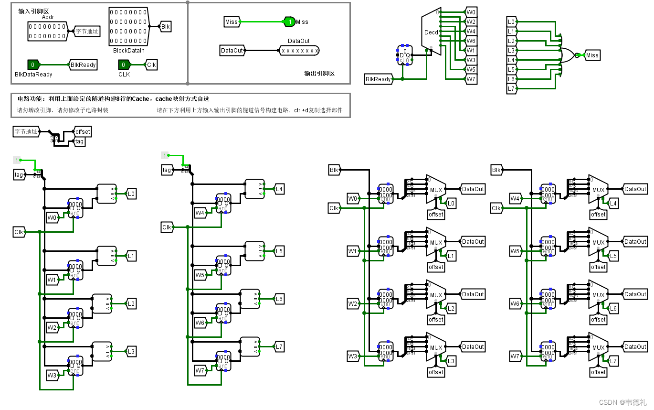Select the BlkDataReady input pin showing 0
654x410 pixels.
(x=33, y=65)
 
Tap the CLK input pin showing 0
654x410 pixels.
(x=124, y=65)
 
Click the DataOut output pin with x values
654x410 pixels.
(x=299, y=50)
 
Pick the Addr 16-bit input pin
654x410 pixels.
(x=47, y=32)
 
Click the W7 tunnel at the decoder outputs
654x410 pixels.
(x=471, y=79)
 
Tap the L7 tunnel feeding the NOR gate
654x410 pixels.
(x=511, y=89)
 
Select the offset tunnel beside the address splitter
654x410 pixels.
(x=82, y=132)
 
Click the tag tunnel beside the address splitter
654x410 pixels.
(x=79, y=141)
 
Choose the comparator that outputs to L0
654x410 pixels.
(x=106, y=194)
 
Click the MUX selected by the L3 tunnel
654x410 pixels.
(x=436, y=347)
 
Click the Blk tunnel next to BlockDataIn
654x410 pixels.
(x=165, y=27)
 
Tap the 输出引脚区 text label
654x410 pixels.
(x=319, y=74)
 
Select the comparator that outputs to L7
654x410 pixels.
(x=250, y=347)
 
